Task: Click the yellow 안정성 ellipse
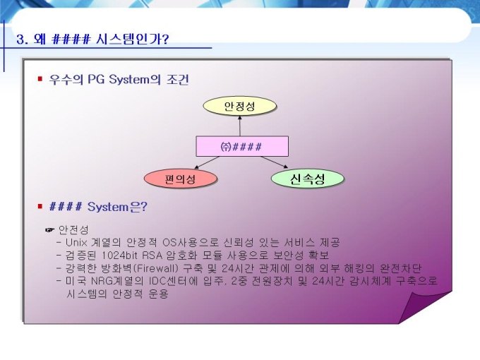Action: [240, 106]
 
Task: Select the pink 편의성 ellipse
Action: [181, 179]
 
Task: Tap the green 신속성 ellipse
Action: [308, 179]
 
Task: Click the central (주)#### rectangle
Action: [242, 146]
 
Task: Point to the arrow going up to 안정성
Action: [240, 126]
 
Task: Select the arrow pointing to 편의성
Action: [207, 162]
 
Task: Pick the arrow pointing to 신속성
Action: [275, 162]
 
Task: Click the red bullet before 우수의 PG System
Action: [40, 79]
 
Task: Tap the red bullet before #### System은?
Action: [40, 206]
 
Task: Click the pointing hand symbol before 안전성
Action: [49, 229]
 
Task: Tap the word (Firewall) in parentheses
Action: [156, 268]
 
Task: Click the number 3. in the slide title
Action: [23, 40]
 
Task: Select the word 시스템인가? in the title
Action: [132, 40]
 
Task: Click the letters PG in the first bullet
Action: [97, 79]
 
